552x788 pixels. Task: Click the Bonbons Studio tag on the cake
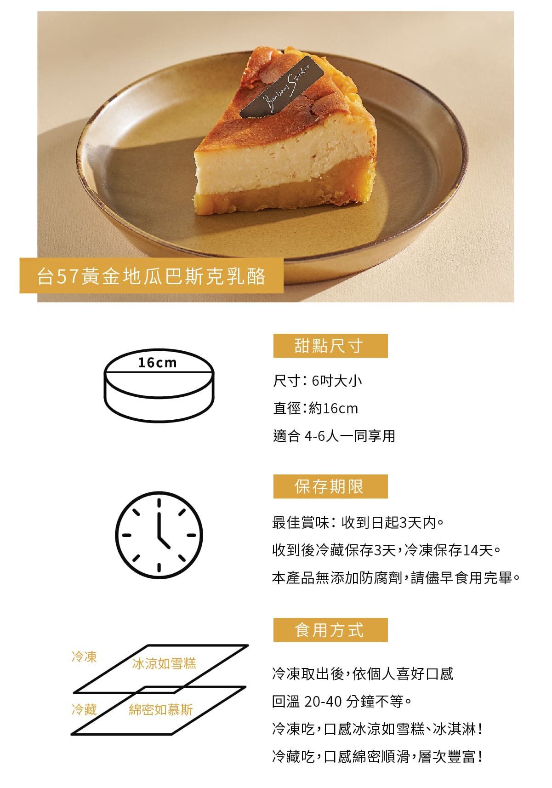[x=281, y=86]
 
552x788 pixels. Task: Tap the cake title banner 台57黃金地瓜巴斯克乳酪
[x=152, y=275]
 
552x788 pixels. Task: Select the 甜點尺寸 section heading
[x=330, y=346]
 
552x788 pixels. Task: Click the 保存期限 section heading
[x=330, y=486]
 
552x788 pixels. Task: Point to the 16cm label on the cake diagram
[x=157, y=363]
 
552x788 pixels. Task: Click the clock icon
[x=159, y=535]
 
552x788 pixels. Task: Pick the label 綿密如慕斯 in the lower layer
[x=161, y=709]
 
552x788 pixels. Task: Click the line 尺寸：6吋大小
[x=318, y=381]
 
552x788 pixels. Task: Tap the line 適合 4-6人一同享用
[x=334, y=436]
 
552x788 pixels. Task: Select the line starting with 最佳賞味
[x=358, y=522]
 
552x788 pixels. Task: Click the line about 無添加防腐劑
[x=396, y=577]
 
